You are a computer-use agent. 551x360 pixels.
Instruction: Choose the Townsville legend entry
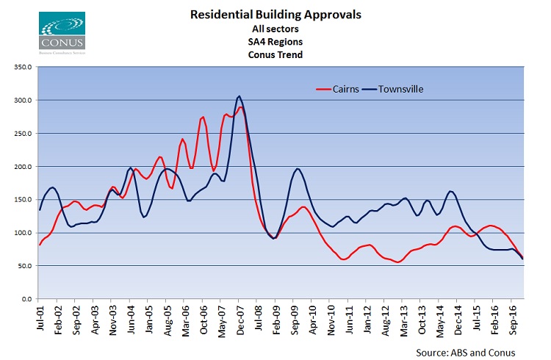(x=397, y=89)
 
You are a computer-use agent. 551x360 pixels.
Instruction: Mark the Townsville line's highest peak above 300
(x=239, y=96)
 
